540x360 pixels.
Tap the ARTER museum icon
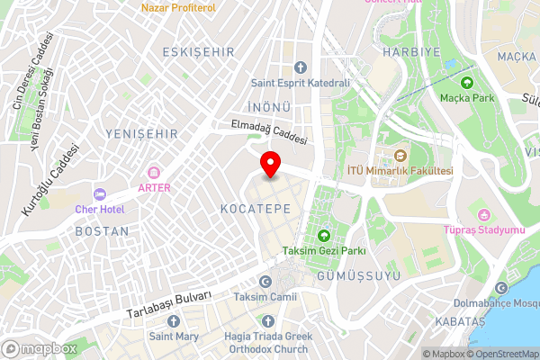154,172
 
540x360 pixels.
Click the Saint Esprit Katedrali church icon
301,67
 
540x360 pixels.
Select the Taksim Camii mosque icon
266,281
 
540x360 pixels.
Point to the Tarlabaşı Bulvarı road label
170,304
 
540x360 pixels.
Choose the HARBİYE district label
409,52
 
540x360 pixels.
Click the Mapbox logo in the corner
40,348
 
